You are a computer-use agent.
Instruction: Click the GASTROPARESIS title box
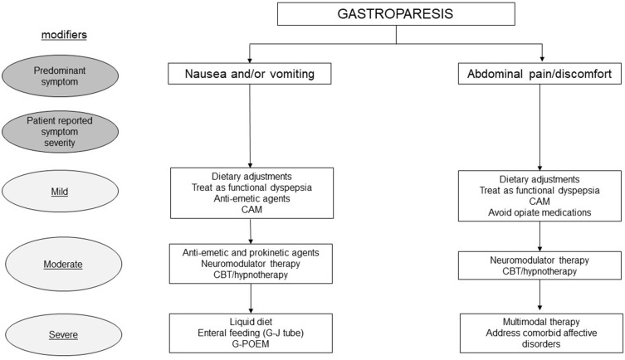click(x=396, y=14)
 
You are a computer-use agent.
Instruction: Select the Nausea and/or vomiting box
click(x=250, y=74)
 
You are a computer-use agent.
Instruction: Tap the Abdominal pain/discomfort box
click(x=540, y=74)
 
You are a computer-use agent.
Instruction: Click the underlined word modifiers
click(x=64, y=35)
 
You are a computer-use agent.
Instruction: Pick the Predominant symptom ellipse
click(x=60, y=76)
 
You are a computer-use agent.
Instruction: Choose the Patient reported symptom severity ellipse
click(x=60, y=132)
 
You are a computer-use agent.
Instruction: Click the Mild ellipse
click(x=60, y=192)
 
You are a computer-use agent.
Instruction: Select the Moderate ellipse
click(x=63, y=264)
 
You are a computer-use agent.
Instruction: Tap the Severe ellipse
click(x=63, y=334)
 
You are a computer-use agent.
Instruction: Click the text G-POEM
click(x=251, y=343)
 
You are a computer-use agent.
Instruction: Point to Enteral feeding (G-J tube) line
click(x=251, y=333)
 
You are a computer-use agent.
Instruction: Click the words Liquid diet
click(x=251, y=322)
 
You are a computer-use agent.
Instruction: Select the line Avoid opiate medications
click(x=540, y=212)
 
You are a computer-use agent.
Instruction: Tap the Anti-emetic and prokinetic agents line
click(x=251, y=252)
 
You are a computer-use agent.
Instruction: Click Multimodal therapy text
click(x=541, y=322)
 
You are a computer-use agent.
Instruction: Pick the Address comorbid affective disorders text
click(x=541, y=338)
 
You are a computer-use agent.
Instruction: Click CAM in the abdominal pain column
click(x=540, y=201)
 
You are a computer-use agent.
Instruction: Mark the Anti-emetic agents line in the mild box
click(x=251, y=198)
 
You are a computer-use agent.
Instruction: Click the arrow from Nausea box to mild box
click(x=250, y=126)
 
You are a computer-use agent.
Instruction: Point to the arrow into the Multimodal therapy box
click(x=540, y=295)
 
